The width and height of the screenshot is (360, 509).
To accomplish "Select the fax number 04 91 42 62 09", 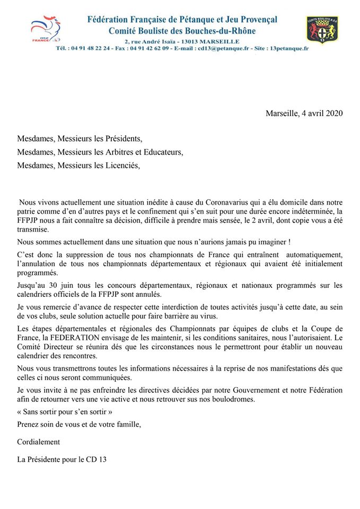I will click(x=149, y=48).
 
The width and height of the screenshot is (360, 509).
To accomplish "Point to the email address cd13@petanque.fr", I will click(x=223, y=48).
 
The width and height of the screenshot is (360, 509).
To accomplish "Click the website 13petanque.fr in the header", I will click(x=287, y=48).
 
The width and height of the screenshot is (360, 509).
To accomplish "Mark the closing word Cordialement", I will click(x=38, y=442).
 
